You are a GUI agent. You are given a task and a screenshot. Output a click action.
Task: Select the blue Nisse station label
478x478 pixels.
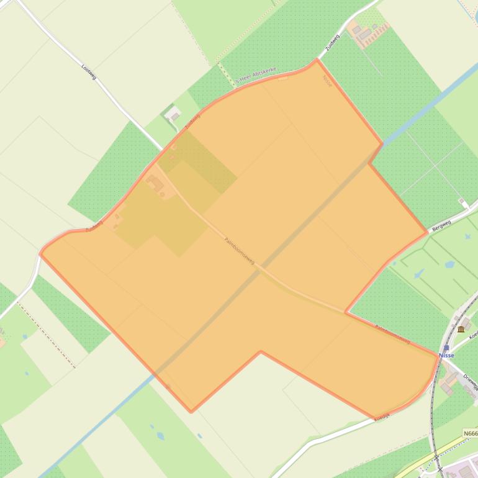pyautogui.click(x=446, y=356)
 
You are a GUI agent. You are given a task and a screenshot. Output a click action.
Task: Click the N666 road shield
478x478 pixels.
pyautogui.click(x=471, y=433)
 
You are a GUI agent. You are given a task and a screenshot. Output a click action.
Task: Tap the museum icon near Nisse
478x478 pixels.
pyautogui.click(x=461, y=329)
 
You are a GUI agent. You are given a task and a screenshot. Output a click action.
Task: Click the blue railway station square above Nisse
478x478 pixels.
pyautogui.click(x=446, y=348)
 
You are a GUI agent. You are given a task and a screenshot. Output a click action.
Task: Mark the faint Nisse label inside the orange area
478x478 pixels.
pyautogui.click(x=327, y=80)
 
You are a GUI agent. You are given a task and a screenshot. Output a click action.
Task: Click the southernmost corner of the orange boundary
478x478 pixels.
pyautogui.click(x=191, y=411)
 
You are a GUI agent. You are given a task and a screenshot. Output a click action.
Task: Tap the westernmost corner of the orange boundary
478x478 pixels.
pyautogui.click(x=40, y=253)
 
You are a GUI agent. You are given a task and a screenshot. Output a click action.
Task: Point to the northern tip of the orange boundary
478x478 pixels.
pyautogui.click(x=317, y=60)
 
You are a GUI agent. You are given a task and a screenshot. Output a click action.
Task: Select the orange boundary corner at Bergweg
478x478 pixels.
pyautogui.click(x=428, y=233)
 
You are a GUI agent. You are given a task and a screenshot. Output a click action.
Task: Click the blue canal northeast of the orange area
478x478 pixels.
pyautogui.click(x=422, y=112)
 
